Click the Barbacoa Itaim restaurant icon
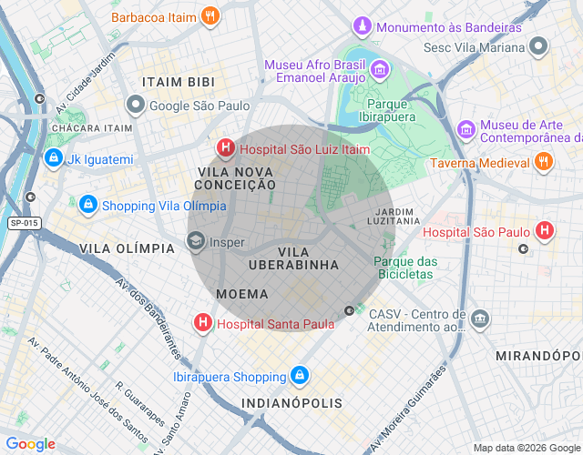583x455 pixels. [210, 15]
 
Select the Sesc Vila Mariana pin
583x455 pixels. [539, 45]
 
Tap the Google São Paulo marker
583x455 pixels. [136, 106]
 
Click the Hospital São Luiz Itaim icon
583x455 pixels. [224, 147]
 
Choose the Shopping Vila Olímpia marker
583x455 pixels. [88, 205]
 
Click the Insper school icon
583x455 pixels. [195, 242]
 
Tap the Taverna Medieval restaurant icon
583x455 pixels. [543, 162]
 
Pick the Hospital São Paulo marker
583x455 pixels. [545, 231]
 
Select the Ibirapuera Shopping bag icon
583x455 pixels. [300, 376]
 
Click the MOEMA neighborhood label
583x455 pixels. [242, 294]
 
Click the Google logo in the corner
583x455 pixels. [29, 444]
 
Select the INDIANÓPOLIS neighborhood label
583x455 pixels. [291, 402]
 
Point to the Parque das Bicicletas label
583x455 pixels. [404, 268]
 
